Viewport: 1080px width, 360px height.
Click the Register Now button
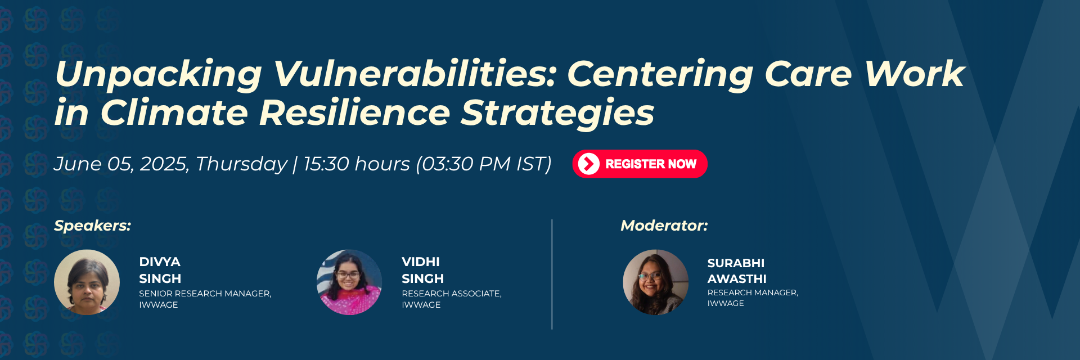click(640, 164)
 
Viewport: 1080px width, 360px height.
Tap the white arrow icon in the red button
click(589, 164)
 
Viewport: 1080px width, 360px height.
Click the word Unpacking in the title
click(159, 75)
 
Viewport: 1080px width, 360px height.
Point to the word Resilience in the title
click(354, 112)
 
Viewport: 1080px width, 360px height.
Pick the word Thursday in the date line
click(241, 164)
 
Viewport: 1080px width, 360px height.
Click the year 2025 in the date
click(163, 164)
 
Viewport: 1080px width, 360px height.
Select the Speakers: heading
click(92, 226)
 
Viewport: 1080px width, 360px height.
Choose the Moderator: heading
click(664, 226)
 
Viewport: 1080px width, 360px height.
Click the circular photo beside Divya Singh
click(87, 282)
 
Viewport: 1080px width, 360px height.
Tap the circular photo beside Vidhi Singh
click(349, 282)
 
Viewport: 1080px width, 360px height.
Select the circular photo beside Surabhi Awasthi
click(656, 282)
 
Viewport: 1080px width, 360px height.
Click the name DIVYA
click(160, 262)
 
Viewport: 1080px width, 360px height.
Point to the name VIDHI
click(421, 262)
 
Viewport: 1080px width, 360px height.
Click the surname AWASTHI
click(737, 279)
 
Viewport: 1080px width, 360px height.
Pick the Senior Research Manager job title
click(205, 294)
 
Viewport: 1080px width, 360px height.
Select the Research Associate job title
click(452, 294)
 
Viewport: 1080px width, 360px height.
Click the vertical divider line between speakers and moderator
click(552, 274)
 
